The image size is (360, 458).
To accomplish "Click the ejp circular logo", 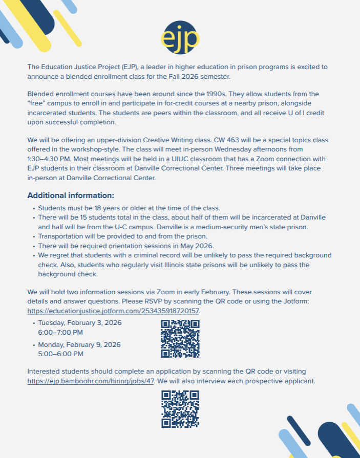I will point(180,37).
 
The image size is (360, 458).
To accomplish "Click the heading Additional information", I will point(71,195).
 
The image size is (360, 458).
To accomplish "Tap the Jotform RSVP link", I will point(113,311).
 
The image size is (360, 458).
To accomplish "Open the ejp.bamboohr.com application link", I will point(91,381).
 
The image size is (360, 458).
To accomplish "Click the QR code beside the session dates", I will point(180,339).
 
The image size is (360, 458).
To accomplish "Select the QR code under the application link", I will point(180,409).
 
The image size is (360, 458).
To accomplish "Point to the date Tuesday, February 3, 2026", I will point(80,323).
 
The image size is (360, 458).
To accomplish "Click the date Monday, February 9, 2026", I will point(79,344).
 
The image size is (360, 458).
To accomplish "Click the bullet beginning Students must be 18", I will point(129,208).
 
